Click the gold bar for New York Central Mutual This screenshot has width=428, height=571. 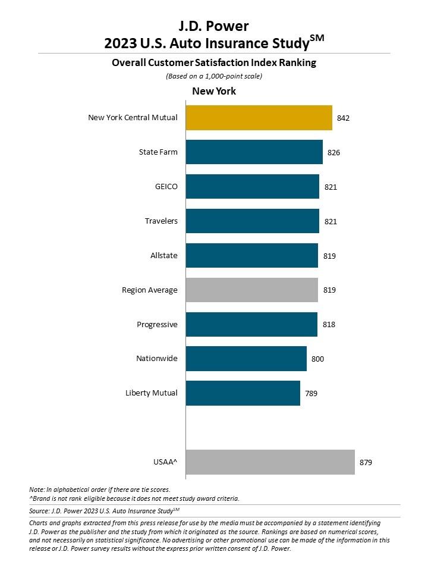tap(259, 118)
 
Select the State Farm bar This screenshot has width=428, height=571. tap(254, 152)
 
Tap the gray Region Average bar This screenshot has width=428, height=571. tap(251, 290)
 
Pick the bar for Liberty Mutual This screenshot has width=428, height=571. tap(243, 393)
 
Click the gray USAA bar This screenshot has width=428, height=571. tap(270, 462)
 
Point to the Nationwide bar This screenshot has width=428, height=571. tap(246, 359)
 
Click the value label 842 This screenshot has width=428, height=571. tap(342, 118)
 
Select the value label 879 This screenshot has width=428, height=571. tap(365, 462)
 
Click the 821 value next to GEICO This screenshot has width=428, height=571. tap(331, 187)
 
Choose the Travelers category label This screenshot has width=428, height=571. tap(161, 221)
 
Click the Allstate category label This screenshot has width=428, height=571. tap(163, 256)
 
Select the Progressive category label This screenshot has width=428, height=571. tap(157, 325)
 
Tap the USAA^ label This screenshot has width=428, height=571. tap(165, 462)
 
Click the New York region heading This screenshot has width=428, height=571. tap(213, 91)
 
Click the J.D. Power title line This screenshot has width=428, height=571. tap(213, 26)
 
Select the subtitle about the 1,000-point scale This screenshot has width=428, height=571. tap(213, 76)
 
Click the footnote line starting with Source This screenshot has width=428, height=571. tap(104, 510)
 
